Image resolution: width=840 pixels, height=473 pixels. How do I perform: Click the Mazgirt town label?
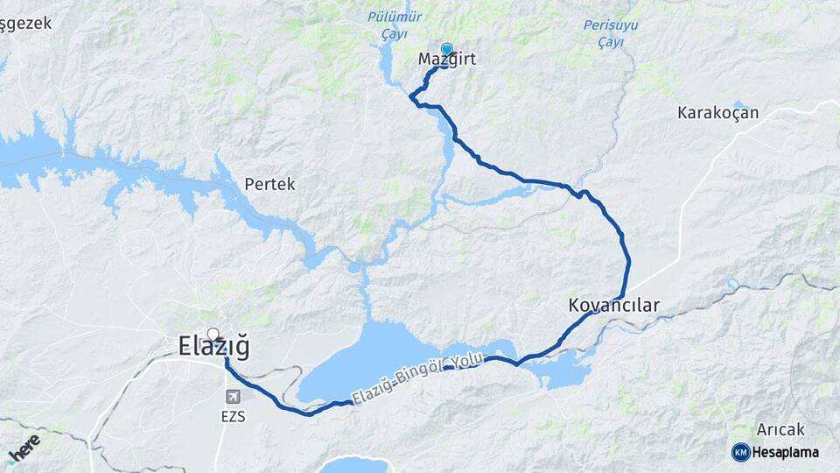pyautogui.click(x=446, y=60)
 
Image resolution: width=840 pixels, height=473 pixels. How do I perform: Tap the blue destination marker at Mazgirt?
pyautogui.click(x=447, y=49)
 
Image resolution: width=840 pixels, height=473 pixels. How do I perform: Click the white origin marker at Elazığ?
pyautogui.click(x=213, y=334)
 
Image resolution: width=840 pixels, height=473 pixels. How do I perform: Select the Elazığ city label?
pyautogui.click(x=213, y=347)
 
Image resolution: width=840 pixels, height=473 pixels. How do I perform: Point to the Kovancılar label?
pyautogui.click(x=613, y=306)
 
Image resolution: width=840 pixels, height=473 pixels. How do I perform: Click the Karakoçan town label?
pyautogui.click(x=717, y=113)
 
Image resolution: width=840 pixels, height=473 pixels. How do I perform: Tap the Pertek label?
pyautogui.click(x=269, y=185)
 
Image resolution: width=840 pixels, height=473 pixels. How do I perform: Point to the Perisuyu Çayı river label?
pyautogui.click(x=610, y=32)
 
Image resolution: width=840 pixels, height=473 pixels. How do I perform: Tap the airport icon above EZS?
pyautogui.click(x=233, y=397)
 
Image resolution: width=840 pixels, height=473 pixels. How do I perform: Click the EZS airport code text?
pyautogui.click(x=233, y=417)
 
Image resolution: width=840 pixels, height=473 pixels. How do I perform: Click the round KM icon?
pyautogui.click(x=740, y=452)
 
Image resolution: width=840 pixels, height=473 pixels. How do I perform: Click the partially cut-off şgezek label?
pyautogui.click(x=25, y=24)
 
